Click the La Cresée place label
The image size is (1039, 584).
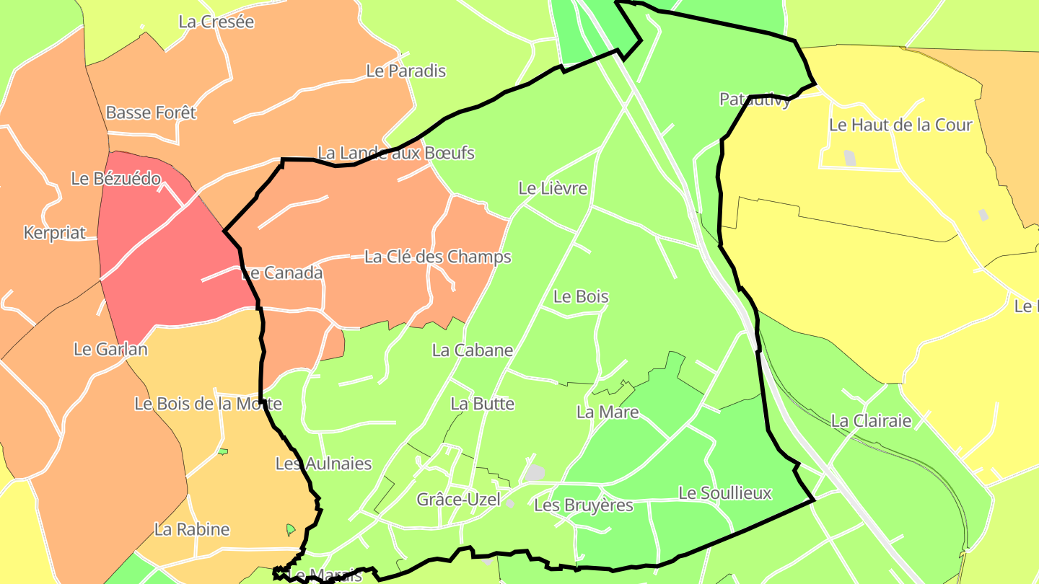[216, 22]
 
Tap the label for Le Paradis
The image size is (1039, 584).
[406, 71]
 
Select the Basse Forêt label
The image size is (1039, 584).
[151, 112]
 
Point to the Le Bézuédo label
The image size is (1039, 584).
[115, 178]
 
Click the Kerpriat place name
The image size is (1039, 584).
[55, 233]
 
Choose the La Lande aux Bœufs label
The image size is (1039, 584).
[396, 153]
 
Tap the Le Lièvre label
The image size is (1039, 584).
[553, 188]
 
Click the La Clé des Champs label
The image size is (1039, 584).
[438, 257]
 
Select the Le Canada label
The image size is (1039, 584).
[281, 273]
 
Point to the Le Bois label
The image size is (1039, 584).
[581, 296]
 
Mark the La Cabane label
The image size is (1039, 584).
[473, 350]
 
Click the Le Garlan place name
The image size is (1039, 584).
[110, 349]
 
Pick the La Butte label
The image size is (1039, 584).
[483, 404]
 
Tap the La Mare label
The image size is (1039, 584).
[608, 412]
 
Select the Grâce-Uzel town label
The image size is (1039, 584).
[458, 499]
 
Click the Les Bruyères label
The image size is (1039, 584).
[584, 505]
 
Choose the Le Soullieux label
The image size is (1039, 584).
[725, 493]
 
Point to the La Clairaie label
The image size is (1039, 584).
[872, 420]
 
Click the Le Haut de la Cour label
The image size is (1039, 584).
[900, 125]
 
